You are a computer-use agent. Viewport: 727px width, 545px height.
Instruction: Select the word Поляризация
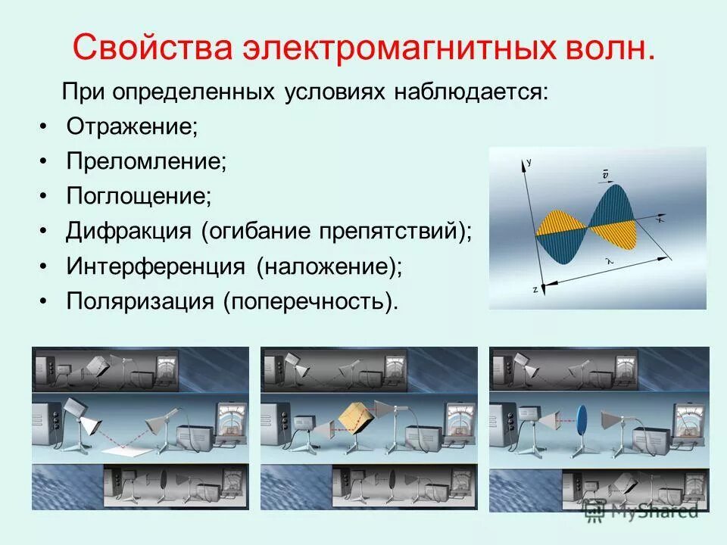click(x=140, y=301)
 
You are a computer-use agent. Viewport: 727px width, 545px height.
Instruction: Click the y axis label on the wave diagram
click(x=529, y=161)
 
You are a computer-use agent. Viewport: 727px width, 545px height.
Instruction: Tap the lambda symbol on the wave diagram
click(x=607, y=260)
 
